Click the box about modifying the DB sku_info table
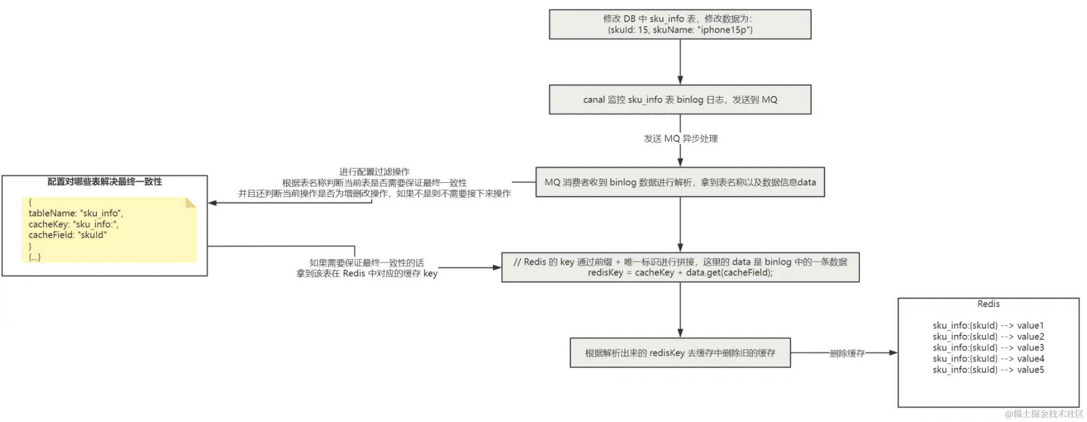pos(680,24)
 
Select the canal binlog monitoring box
pos(680,99)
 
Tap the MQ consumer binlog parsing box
pos(680,182)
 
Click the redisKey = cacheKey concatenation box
pos(680,267)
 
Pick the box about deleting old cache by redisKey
pos(680,353)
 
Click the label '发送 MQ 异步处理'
pos(680,139)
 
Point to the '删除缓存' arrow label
pos(847,353)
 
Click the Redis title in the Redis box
pos(988,304)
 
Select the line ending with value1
pos(988,325)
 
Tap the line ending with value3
pos(988,348)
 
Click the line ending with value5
pos(988,370)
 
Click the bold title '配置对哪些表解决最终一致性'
pos(104,182)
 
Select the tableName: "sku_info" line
pos(76,213)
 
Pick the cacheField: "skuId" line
pos(67,235)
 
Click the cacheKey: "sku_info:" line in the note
pos(73,224)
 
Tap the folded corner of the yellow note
pos(191,202)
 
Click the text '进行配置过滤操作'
pos(374,172)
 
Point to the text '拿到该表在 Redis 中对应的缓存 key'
pos(367,273)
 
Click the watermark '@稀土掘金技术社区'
pos(1044,414)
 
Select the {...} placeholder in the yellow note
pos(34,257)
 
